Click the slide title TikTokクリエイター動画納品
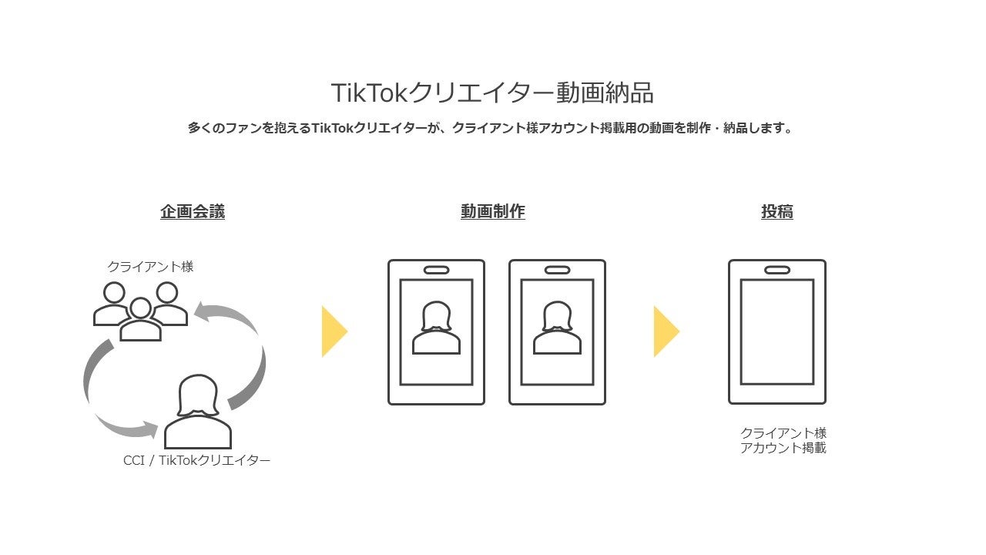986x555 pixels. (492, 92)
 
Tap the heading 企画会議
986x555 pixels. (193, 212)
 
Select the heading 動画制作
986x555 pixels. (492, 212)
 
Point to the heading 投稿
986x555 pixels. (777, 212)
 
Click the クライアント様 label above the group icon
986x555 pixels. (150, 267)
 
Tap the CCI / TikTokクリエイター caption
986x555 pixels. (196, 460)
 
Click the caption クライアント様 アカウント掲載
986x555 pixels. (783, 440)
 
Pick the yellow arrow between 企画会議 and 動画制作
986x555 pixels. (334, 331)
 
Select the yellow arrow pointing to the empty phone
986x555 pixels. (666, 331)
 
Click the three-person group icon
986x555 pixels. (140, 311)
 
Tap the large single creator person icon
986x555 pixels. (198, 412)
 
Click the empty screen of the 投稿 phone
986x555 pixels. (777, 331)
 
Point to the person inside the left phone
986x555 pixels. (436, 328)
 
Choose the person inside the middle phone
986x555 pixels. (557, 328)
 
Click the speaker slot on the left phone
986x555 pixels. (436, 270)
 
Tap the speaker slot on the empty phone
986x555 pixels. (777, 270)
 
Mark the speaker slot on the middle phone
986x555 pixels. (557, 270)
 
